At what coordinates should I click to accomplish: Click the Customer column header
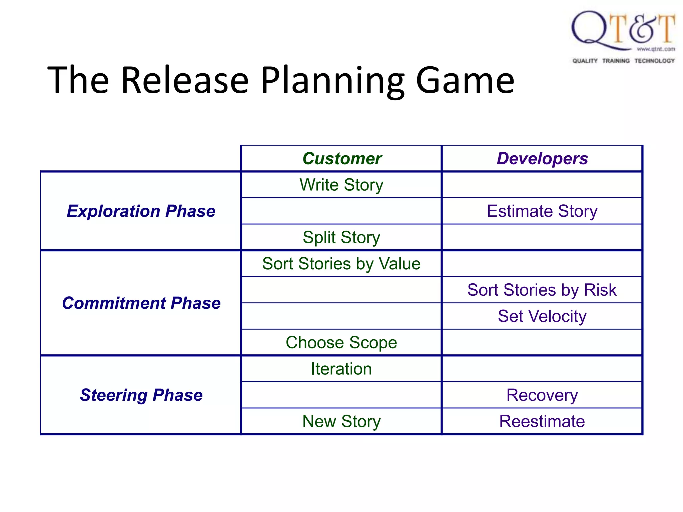(341, 159)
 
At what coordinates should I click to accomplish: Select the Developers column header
(542, 159)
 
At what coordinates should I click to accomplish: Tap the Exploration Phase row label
(141, 211)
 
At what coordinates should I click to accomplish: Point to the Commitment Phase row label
(141, 303)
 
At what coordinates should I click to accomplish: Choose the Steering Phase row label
(141, 395)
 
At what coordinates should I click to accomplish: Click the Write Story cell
(341, 185)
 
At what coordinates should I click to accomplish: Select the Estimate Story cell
(542, 211)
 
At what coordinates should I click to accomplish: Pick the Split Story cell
(341, 237)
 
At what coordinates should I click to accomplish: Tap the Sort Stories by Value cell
(341, 264)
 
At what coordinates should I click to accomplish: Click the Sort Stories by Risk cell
(542, 290)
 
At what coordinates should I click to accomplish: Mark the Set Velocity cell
(542, 316)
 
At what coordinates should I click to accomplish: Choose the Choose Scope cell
(341, 342)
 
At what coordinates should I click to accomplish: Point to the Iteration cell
(341, 369)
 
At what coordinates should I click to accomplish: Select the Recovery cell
(542, 395)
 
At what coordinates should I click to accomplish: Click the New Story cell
(341, 421)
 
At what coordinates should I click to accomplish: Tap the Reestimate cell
(542, 421)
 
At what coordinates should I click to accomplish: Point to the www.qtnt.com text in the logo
(656, 49)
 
